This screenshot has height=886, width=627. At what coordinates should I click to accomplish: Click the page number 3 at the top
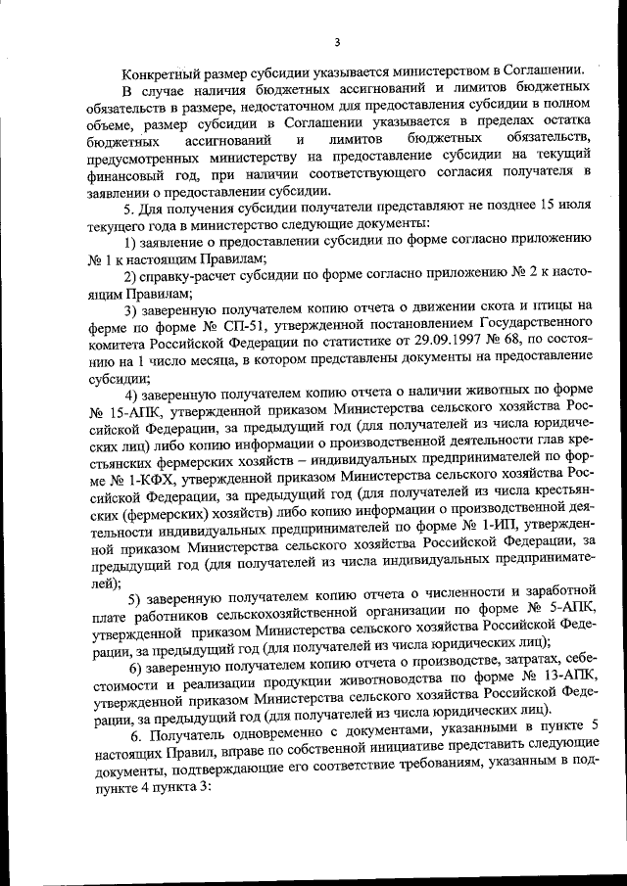[x=336, y=41]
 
